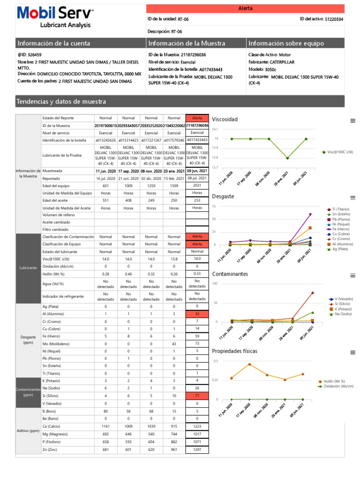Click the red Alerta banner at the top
coord(245,8)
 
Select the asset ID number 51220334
coord(334,19)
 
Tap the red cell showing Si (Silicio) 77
coord(197,396)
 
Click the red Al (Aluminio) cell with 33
coord(197,314)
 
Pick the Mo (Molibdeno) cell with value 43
coord(174,344)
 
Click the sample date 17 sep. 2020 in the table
coord(128,171)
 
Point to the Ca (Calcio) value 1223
coord(197,426)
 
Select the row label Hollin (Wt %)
coord(52,273)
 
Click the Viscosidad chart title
coord(225,120)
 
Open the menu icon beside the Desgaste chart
coord(352,198)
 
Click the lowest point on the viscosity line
coord(287,158)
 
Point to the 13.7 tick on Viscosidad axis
coord(215,167)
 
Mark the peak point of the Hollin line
coord(249,364)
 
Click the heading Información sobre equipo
coord(286,44)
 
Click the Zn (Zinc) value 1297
coord(197,450)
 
